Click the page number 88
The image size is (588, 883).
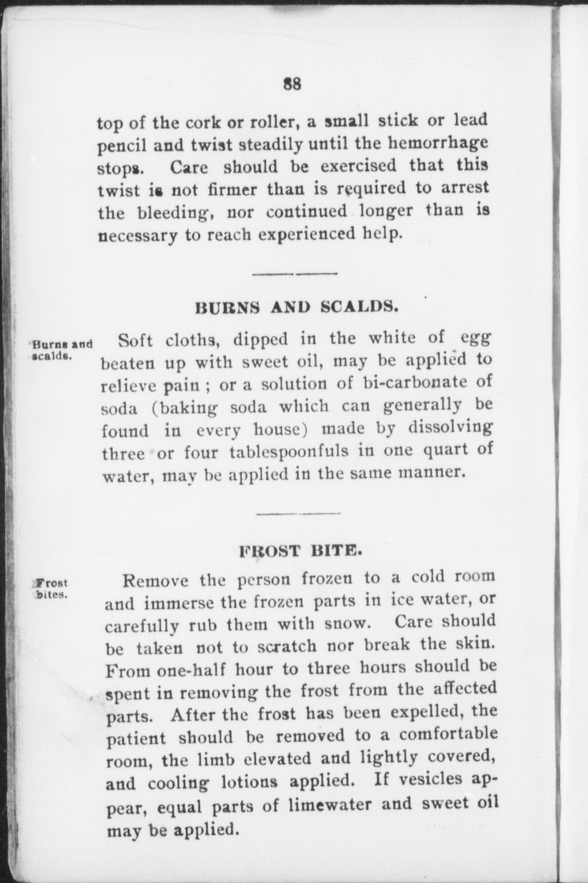[x=292, y=84]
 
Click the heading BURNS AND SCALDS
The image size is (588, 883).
[x=296, y=307]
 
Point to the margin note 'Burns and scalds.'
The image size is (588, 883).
[x=61, y=350]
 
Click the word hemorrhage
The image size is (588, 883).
[x=438, y=143]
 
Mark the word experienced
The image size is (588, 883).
[x=306, y=234]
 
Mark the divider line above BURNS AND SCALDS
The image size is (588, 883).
[x=295, y=274]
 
